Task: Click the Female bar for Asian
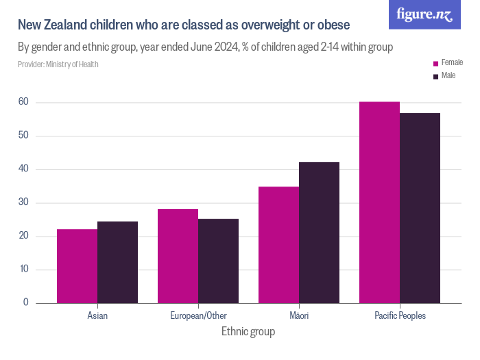77,266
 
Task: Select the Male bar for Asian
117,262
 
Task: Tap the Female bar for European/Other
178,256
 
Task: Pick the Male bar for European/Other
218,261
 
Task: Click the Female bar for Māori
278,245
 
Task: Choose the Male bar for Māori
319,232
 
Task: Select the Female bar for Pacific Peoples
379,202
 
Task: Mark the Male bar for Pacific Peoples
420,208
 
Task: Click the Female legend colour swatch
435,63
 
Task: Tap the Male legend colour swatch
435,76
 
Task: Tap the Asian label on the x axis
97,316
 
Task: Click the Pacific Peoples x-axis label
400,316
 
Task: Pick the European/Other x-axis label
198,316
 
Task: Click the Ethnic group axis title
248,332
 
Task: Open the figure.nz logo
424,14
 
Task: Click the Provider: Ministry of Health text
58,64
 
